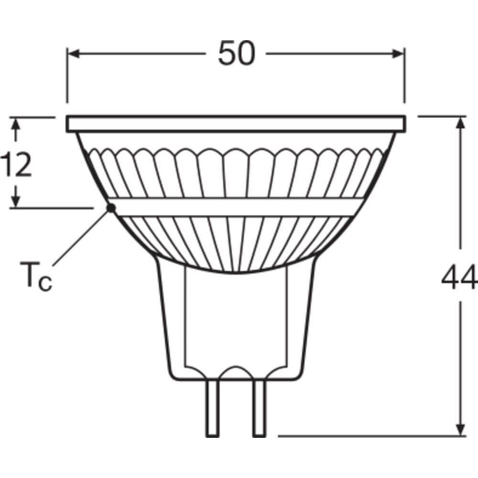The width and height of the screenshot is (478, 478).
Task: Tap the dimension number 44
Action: coord(459,279)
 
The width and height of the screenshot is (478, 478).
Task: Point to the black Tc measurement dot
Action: coord(111,208)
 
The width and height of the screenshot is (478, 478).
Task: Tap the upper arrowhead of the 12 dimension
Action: coord(16,123)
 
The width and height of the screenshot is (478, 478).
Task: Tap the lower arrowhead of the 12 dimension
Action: coord(16,201)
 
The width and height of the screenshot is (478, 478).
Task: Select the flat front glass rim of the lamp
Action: coord(237,124)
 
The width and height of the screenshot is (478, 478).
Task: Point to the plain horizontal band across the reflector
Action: coord(237,207)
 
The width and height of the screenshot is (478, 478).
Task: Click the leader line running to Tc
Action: coord(81,237)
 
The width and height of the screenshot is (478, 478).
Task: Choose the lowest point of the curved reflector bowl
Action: coord(236,272)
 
